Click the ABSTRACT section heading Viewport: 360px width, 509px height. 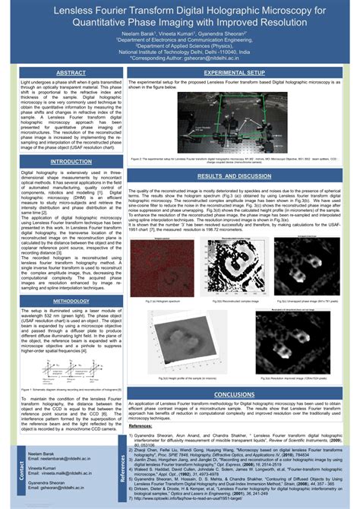click(x=70, y=72)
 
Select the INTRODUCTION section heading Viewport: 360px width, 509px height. click(x=70, y=162)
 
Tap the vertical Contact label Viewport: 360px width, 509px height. click(x=11, y=472)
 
